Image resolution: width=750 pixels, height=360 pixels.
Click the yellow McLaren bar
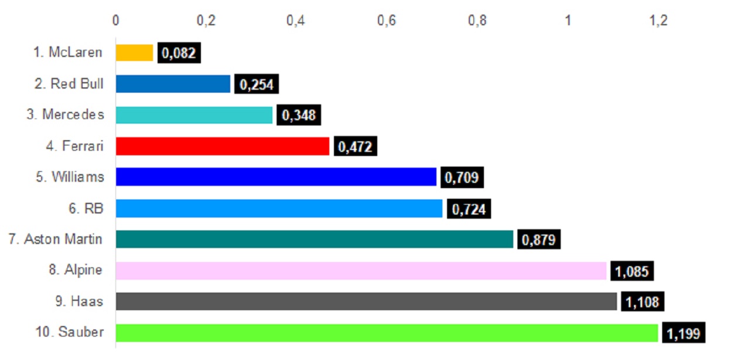pyautogui.click(x=134, y=53)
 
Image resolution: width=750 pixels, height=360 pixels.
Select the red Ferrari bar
pyautogui.click(x=223, y=146)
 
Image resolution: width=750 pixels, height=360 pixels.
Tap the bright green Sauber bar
pyautogui.click(x=387, y=332)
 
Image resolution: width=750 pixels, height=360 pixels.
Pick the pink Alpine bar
pyautogui.click(x=361, y=270)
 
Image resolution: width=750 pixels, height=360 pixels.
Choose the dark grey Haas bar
pyautogui.click(x=366, y=301)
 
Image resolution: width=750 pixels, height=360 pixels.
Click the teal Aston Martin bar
pyautogui.click(x=314, y=239)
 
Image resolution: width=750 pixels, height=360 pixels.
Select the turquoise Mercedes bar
pyautogui.click(x=194, y=115)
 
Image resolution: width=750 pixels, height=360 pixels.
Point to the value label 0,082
pyautogui.click(x=179, y=53)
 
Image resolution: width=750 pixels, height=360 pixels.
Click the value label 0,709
pyautogui.click(x=462, y=178)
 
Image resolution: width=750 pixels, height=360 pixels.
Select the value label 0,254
pyautogui.click(x=257, y=84)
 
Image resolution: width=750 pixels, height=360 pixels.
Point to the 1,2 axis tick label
pyautogui.click(x=658, y=21)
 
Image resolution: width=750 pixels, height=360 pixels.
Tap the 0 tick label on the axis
pyautogui.click(x=115, y=21)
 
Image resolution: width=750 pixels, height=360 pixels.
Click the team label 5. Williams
pyautogui.click(x=70, y=177)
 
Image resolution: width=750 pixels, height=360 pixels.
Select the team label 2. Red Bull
pyautogui.click(x=69, y=84)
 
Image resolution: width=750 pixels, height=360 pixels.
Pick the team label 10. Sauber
pyautogui.click(x=69, y=332)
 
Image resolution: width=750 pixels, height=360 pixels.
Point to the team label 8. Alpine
pyautogui.click(x=76, y=270)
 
